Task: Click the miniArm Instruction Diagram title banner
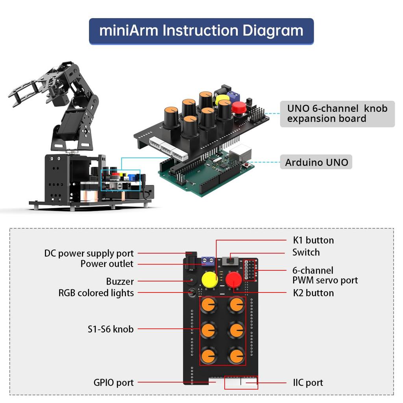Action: point(201,31)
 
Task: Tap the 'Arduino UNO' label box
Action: point(316,162)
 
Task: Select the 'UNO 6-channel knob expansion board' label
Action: point(337,114)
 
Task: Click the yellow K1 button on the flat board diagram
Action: point(210,279)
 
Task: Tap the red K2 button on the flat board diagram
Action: point(233,281)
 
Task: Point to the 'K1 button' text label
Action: point(313,240)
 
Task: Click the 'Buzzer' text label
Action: point(120,281)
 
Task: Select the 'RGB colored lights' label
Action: point(96,293)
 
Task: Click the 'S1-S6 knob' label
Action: point(111,329)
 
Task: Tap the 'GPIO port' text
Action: point(113,382)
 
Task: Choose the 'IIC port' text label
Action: point(308,383)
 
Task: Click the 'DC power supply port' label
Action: point(89,253)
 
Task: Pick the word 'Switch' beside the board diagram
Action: point(306,252)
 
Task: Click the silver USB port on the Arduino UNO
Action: point(241,152)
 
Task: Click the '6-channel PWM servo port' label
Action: point(325,275)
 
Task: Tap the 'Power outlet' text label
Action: point(107,264)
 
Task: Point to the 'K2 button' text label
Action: point(313,293)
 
